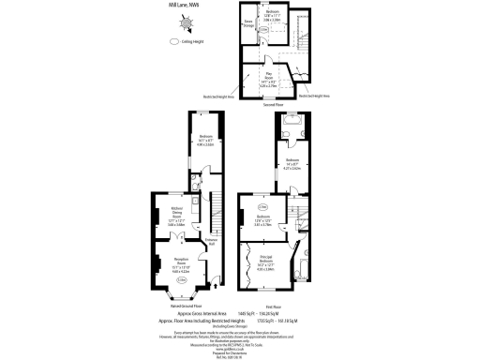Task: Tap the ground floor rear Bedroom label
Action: pyautogui.click(x=206, y=142)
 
